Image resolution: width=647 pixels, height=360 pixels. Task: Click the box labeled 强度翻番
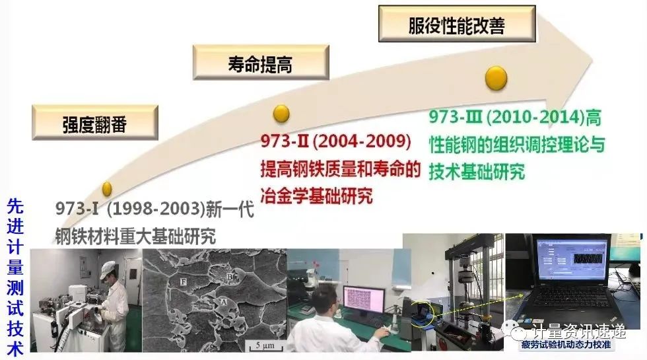[94, 124]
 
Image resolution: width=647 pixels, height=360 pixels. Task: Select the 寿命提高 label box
[260, 63]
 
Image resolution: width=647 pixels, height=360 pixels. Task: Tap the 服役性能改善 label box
[456, 25]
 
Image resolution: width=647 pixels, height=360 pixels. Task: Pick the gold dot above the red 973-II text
[282, 114]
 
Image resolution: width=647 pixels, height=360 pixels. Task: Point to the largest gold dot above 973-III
[496, 78]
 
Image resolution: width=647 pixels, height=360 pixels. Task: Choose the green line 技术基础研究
[477, 172]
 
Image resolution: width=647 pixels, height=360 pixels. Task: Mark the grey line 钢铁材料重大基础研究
[135, 235]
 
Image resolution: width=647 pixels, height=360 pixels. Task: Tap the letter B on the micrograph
[230, 277]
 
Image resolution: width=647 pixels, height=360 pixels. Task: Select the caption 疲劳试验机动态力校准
[562, 345]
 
